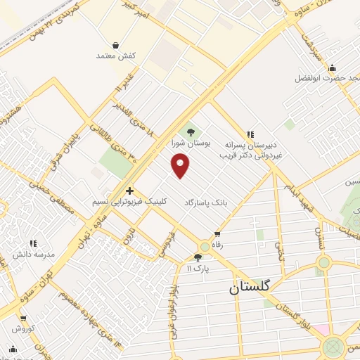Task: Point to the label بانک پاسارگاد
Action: point(209,201)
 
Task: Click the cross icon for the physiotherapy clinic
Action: point(129,190)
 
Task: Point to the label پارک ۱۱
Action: point(198,268)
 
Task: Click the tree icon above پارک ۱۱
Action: point(198,257)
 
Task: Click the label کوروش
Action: point(23,328)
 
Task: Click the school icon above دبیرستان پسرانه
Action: point(249,134)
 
